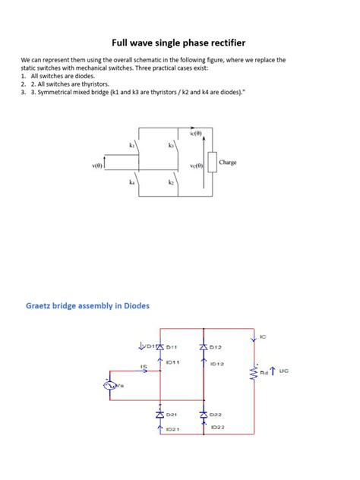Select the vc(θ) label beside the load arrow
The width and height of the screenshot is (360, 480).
pos(196,164)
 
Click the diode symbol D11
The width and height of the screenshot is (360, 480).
pos(159,347)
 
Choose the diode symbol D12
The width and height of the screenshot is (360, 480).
pos(203,347)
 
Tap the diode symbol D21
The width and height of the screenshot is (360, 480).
pos(159,415)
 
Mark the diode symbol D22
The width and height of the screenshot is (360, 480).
pos(203,415)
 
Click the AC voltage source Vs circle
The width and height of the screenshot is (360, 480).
pos(108,387)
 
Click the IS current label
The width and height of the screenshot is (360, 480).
pos(143,368)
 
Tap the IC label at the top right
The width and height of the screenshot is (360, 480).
pos(263,336)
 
